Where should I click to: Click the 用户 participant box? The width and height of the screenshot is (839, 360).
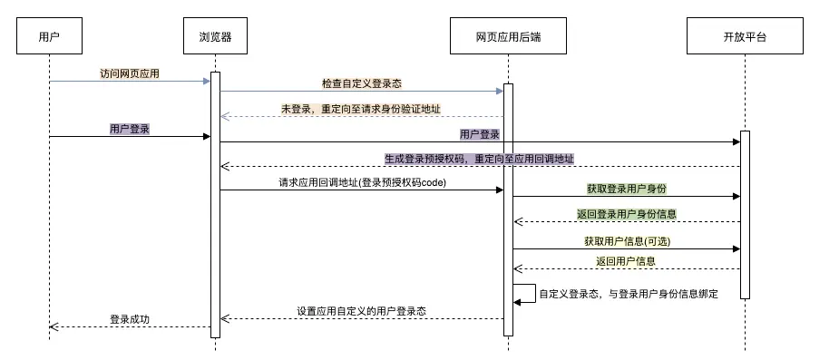[x=50, y=37]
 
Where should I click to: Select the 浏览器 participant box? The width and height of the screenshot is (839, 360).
[x=216, y=37]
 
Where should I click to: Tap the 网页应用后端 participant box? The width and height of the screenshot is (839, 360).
[x=508, y=37]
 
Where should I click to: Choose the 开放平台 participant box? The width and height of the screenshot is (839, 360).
[x=745, y=37]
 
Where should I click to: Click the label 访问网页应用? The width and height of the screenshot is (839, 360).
[x=132, y=72]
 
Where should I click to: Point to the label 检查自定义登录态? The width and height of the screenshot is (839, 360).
[x=362, y=83]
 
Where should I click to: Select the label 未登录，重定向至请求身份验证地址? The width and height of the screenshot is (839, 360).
[x=361, y=109]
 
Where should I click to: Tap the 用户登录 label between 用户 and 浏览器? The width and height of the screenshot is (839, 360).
[x=130, y=129]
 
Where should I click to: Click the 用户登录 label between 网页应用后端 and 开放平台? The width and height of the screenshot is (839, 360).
[x=480, y=134]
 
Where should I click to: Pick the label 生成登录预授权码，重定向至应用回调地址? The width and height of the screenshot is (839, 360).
[x=479, y=159]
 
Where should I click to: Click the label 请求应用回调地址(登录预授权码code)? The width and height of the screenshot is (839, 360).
[x=362, y=182]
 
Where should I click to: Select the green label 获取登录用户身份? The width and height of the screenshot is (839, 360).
[x=627, y=189]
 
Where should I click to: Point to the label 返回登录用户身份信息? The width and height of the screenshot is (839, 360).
[x=627, y=214]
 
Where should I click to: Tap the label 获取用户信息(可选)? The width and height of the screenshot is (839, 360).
[x=627, y=241]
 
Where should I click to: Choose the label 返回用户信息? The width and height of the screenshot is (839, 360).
[x=626, y=261]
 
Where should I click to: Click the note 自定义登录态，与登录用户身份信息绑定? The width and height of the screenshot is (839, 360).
[x=629, y=294]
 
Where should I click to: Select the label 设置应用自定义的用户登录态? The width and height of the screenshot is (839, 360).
[x=362, y=311]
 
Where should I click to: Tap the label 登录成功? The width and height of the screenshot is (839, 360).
[x=130, y=319]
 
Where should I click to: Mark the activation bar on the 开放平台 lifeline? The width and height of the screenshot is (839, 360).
[x=745, y=214]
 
